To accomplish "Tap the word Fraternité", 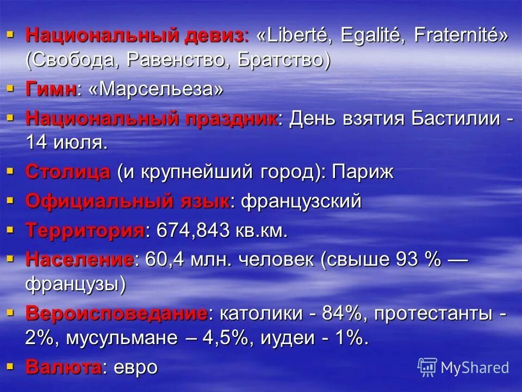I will pos(461,36).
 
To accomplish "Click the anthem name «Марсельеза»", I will pos(154,89).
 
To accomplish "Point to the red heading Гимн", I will pos(50,89).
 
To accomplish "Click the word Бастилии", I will pos(455,119).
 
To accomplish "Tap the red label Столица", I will pos(68,172).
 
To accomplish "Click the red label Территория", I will pos(85,230).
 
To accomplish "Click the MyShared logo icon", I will pos(427,367).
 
